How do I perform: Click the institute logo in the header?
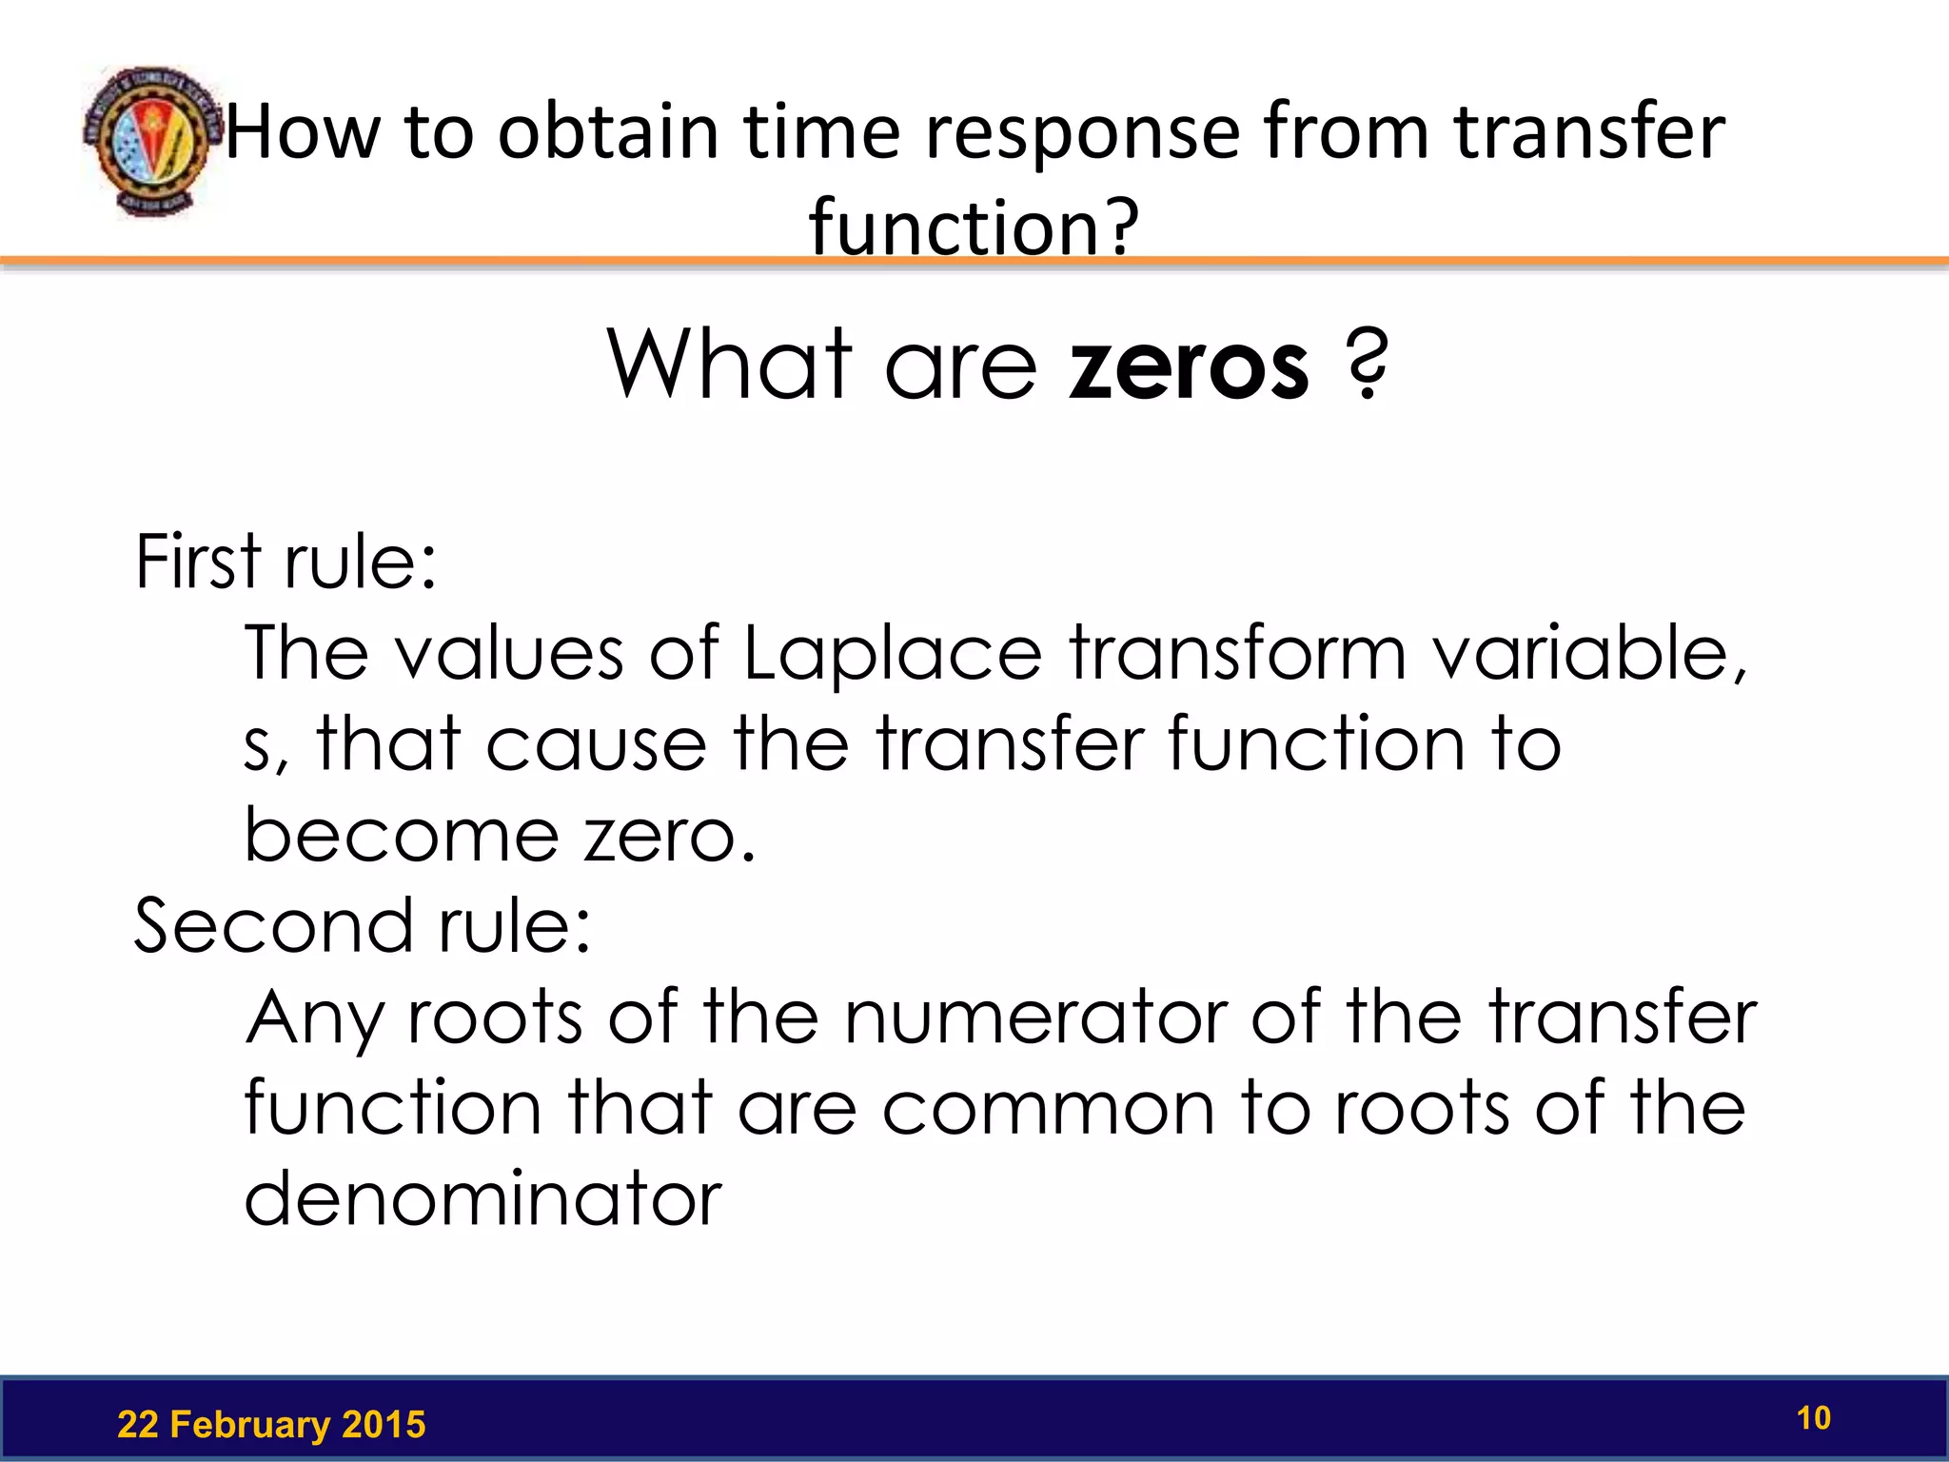[148, 141]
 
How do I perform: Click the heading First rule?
[285, 562]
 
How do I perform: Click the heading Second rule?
[362, 926]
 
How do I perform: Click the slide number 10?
[1813, 1418]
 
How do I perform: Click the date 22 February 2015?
[271, 1425]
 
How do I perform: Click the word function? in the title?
[974, 227]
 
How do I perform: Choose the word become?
[401, 836]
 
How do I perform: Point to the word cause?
[597, 744]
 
